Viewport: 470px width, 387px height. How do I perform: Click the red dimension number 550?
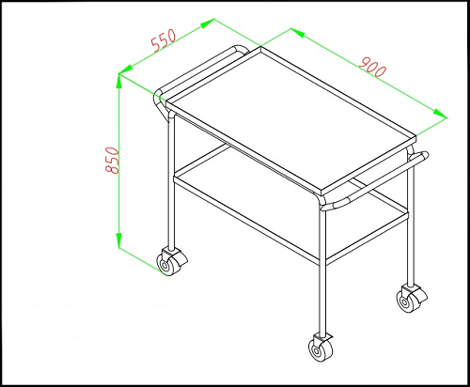[164, 40]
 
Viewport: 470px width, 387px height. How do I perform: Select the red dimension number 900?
[372, 67]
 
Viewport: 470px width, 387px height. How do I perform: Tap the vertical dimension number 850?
[112, 160]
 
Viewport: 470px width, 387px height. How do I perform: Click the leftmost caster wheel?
[171, 262]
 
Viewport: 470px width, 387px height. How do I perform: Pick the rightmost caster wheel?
[412, 299]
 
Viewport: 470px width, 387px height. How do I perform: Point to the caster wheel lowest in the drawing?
[321, 348]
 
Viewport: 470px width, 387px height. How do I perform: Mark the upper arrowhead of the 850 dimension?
[119, 81]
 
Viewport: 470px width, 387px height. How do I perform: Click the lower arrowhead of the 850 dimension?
[119, 240]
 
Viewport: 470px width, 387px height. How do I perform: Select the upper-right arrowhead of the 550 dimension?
[208, 23]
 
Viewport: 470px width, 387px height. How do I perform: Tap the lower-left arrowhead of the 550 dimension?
[126, 70]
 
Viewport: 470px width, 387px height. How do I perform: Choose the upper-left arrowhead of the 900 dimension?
[298, 33]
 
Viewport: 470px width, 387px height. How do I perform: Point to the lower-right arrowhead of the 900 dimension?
[440, 114]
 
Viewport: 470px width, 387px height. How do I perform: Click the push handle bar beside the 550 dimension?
[199, 70]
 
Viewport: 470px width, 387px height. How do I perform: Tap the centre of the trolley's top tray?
[291, 118]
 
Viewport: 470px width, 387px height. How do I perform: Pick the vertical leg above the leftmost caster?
[171, 181]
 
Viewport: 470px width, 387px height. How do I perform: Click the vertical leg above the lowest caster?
[322, 270]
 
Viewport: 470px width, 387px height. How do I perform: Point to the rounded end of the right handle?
[424, 155]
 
